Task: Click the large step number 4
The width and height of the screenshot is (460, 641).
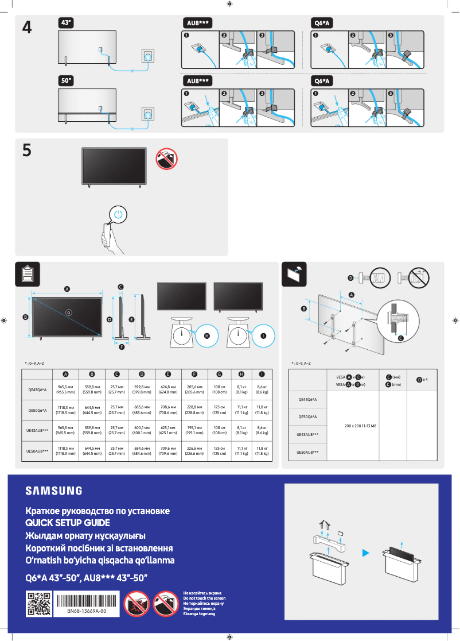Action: pyautogui.click(x=26, y=28)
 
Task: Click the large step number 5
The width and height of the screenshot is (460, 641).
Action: pyautogui.click(x=26, y=150)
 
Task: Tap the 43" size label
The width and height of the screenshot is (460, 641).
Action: pyautogui.click(x=66, y=22)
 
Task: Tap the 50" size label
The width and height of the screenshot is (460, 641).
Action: pyautogui.click(x=66, y=81)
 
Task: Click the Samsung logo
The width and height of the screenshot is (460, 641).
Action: pyautogui.click(x=53, y=491)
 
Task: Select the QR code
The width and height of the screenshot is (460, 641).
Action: pyautogui.click(x=38, y=605)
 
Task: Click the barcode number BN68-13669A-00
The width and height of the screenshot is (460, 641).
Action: pyautogui.click(x=86, y=612)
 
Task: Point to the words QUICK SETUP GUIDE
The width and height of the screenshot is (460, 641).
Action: pyautogui.click(x=67, y=523)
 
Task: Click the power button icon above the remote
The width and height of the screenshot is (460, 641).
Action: pyautogui.click(x=118, y=214)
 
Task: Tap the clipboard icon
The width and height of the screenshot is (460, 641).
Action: pyautogui.click(x=27, y=274)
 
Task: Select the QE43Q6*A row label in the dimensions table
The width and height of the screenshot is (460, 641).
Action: pyautogui.click(x=37, y=390)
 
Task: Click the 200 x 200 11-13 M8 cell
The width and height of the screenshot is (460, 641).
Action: pyautogui.click(x=360, y=426)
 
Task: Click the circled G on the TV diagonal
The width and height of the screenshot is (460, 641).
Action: pyautogui.click(x=68, y=312)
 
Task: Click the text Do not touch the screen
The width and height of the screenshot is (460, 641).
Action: pyautogui.click(x=204, y=598)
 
